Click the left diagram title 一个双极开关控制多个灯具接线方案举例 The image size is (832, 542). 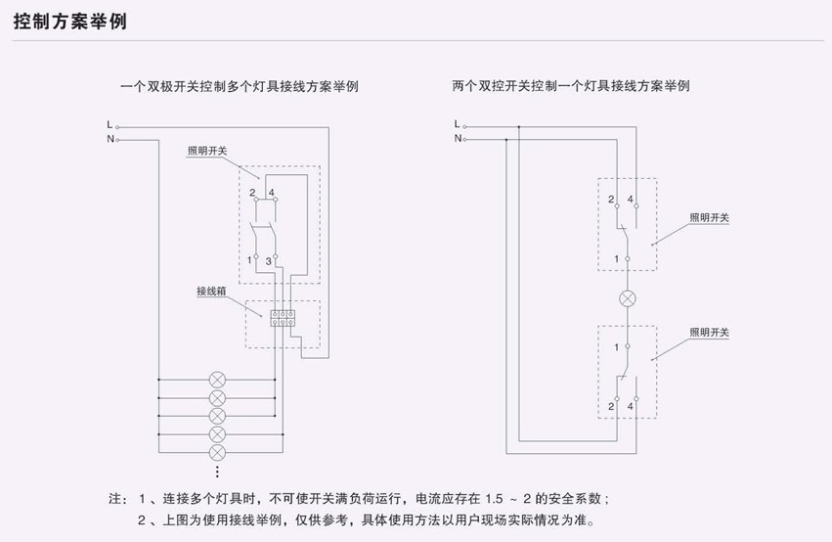coord(238,86)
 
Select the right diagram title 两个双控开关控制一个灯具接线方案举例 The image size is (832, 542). coord(571,86)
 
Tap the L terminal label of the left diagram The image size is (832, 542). coord(109,124)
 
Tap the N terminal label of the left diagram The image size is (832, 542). coord(109,139)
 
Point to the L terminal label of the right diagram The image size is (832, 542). coord(457,124)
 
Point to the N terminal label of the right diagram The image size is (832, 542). coord(457,139)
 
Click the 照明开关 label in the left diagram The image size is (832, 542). coord(207,151)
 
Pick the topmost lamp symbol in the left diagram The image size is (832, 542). coord(218,378)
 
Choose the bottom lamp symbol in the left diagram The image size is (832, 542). coord(218,452)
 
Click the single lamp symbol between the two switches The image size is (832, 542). coord(627,299)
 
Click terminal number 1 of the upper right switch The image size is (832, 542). coord(616,258)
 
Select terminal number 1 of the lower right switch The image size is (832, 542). coord(616,346)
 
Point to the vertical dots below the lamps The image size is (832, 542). coord(218,472)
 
